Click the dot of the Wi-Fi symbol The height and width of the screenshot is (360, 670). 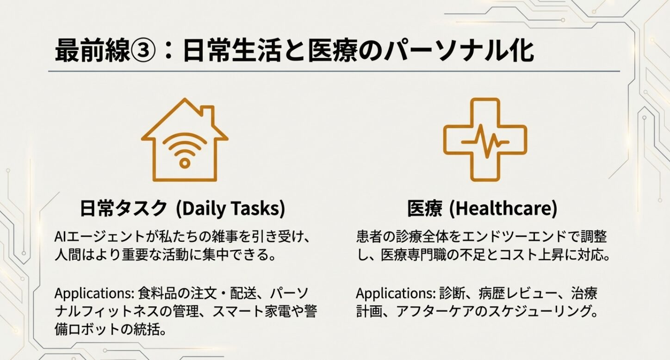[185, 162]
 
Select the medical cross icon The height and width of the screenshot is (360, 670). [484, 139]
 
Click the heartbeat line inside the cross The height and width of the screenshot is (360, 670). [484, 139]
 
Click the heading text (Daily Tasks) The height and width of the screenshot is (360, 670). [230, 209]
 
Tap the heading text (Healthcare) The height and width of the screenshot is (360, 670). [503, 209]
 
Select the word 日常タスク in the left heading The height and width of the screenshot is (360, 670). [123, 209]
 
